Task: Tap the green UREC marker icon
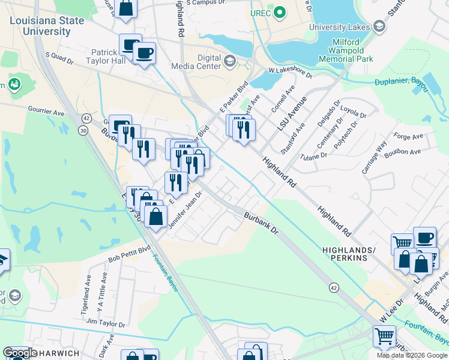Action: [x=279, y=12]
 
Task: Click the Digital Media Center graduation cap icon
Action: [x=229, y=61]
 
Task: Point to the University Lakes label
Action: [x=340, y=27]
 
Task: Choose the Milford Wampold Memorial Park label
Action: [x=346, y=50]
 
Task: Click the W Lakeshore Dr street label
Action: [x=291, y=73]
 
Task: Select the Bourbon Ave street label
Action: [x=403, y=152]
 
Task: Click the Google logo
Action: [x=20, y=353]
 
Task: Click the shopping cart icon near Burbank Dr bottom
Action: [x=384, y=336]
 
